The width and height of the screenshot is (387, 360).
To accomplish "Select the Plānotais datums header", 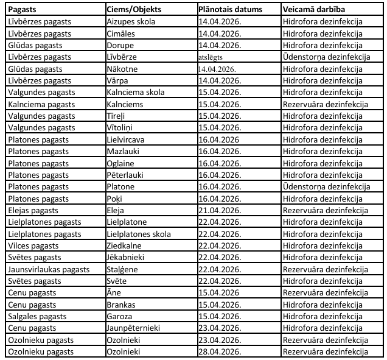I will coord(231,10).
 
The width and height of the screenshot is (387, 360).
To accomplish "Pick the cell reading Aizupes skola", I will coord(131,22).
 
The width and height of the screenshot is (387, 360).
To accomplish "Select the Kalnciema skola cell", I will coord(135,91).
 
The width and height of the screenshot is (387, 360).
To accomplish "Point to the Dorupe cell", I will coord(120,45).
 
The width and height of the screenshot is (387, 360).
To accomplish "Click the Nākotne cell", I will coord(122,68).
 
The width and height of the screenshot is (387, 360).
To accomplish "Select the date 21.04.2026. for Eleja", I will coord(220,210).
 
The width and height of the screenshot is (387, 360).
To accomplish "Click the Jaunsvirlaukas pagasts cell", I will coord(49,268).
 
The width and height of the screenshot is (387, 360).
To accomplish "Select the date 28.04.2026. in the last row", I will coord(220,351).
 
